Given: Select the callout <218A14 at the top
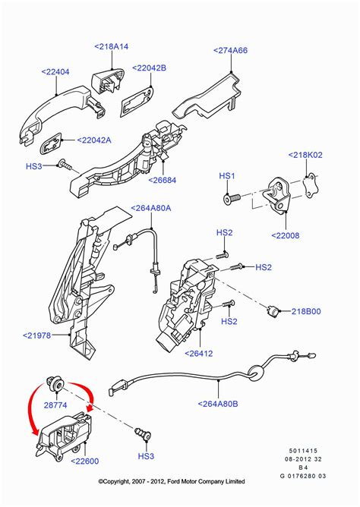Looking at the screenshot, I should (x=112, y=46).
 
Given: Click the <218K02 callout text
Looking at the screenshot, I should (x=310, y=155).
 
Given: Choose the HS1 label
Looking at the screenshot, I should (x=228, y=176).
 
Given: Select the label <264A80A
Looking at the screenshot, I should (x=150, y=207).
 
